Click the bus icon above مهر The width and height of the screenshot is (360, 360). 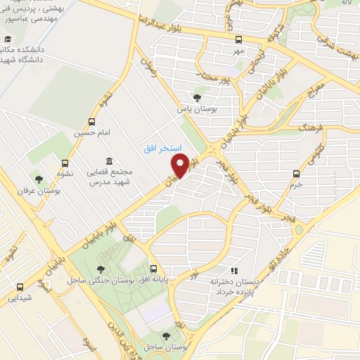point(239,39)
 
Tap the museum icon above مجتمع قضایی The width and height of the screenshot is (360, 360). point(108,161)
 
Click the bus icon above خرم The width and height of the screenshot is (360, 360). point(296,172)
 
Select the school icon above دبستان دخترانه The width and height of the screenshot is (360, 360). point(234,270)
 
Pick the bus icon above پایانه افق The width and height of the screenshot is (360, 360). point(154,269)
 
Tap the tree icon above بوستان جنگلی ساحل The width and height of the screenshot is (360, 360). point(103,269)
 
